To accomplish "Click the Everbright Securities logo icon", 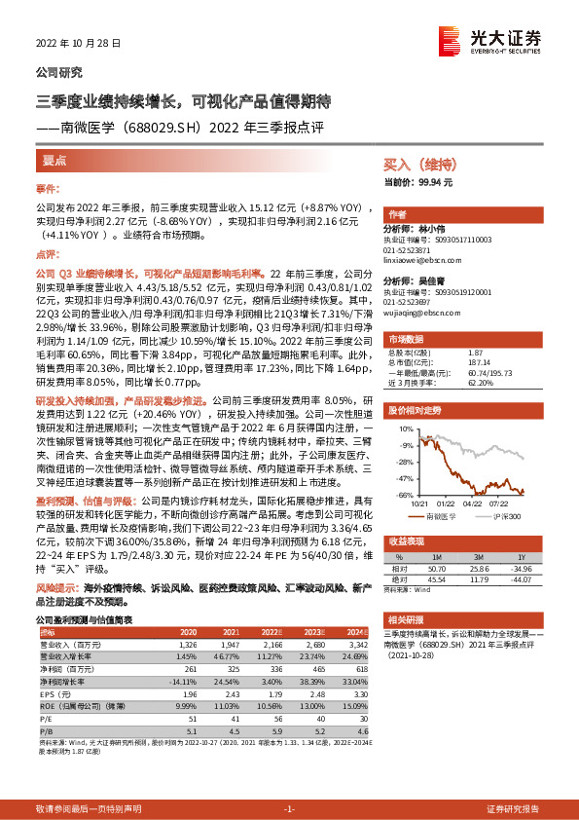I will click(449, 39).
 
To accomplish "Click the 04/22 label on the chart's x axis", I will click(473, 503).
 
